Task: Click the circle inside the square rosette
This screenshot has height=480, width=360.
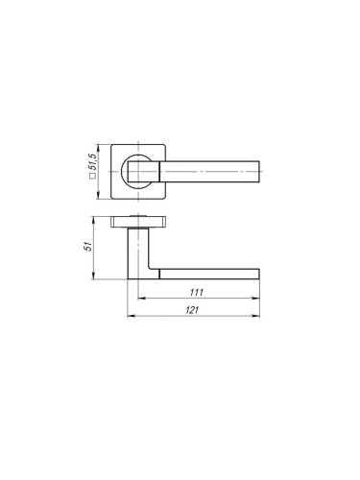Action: pyautogui.click(x=140, y=173)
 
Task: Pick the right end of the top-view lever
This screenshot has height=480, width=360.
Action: pyautogui.click(x=256, y=173)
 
